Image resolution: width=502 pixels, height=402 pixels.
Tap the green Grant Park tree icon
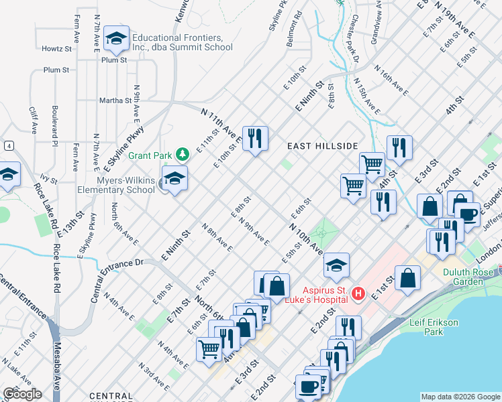[x=182, y=154]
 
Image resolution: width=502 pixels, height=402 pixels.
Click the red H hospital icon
[x=358, y=293]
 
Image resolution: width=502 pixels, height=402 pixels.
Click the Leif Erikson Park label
[x=434, y=328]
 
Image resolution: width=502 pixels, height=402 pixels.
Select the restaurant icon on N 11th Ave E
[x=254, y=139]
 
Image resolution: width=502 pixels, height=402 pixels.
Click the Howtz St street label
[x=56, y=49]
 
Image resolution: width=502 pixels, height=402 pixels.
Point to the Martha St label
[x=115, y=100]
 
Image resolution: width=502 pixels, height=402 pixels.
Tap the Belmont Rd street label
[x=294, y=28]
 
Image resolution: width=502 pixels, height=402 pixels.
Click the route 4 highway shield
[x=9, y=145]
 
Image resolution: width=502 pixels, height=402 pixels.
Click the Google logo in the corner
[x=22, y=394]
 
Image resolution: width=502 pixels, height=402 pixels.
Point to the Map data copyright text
[x=460, y=397]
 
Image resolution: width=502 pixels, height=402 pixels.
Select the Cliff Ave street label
[x=32, y=117]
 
